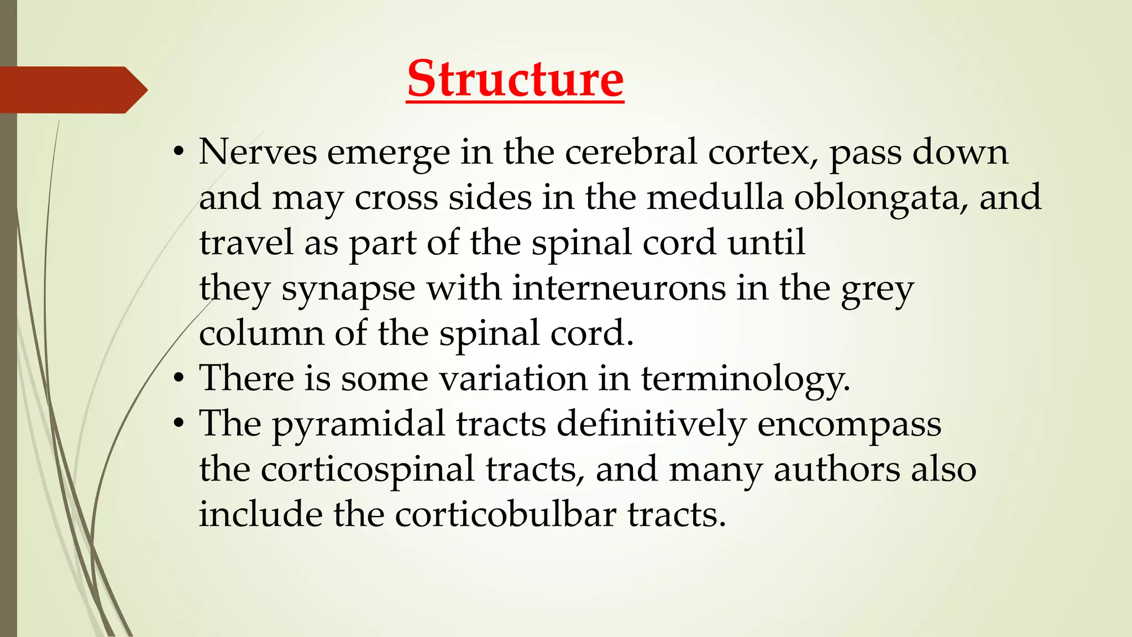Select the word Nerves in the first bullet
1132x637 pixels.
[x=258, y=152]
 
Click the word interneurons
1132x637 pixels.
[x=619, y=288]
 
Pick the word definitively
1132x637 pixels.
[x=651, y=425]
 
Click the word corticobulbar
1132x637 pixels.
[x=505, y=514]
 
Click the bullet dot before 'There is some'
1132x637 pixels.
[x=178, y=379]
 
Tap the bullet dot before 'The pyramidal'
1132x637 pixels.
[x=178, y=425]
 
